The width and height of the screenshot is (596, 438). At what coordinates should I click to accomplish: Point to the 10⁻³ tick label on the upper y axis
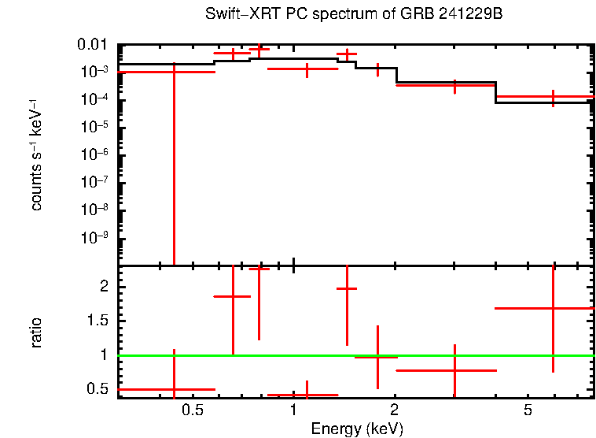click(95, 72)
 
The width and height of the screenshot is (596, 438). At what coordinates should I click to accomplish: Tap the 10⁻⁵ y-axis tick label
click(95, 127)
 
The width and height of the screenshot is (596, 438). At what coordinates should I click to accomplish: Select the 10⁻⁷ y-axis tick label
click(95, 183)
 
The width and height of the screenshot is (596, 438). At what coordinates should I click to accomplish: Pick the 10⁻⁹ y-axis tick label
click(95, 238)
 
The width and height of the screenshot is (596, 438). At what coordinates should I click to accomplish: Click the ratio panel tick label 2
click(107, 287)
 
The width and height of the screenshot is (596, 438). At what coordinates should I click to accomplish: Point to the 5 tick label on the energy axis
click(528, 410)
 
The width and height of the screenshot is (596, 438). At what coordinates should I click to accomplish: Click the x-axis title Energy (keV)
click(357, 429)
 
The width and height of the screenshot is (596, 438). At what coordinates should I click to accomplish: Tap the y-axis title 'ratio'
click(36, 332)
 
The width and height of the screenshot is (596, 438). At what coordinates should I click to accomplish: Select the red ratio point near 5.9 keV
click(554, 308)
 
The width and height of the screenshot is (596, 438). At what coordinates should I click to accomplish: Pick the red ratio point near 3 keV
click(454, 370)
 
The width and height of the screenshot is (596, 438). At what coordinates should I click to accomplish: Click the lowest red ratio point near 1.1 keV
click(307, 395)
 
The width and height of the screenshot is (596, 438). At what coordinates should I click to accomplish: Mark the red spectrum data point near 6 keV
click(554, 97)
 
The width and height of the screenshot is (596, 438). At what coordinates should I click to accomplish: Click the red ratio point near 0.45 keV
click(174, 389)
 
